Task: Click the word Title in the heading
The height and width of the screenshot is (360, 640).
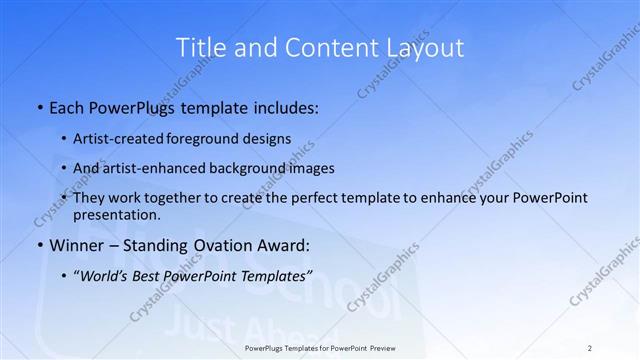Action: tap(200, 47)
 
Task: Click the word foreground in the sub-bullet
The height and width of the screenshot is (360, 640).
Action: tap(213, 139)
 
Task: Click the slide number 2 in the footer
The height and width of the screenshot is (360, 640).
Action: tap(590, 348)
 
